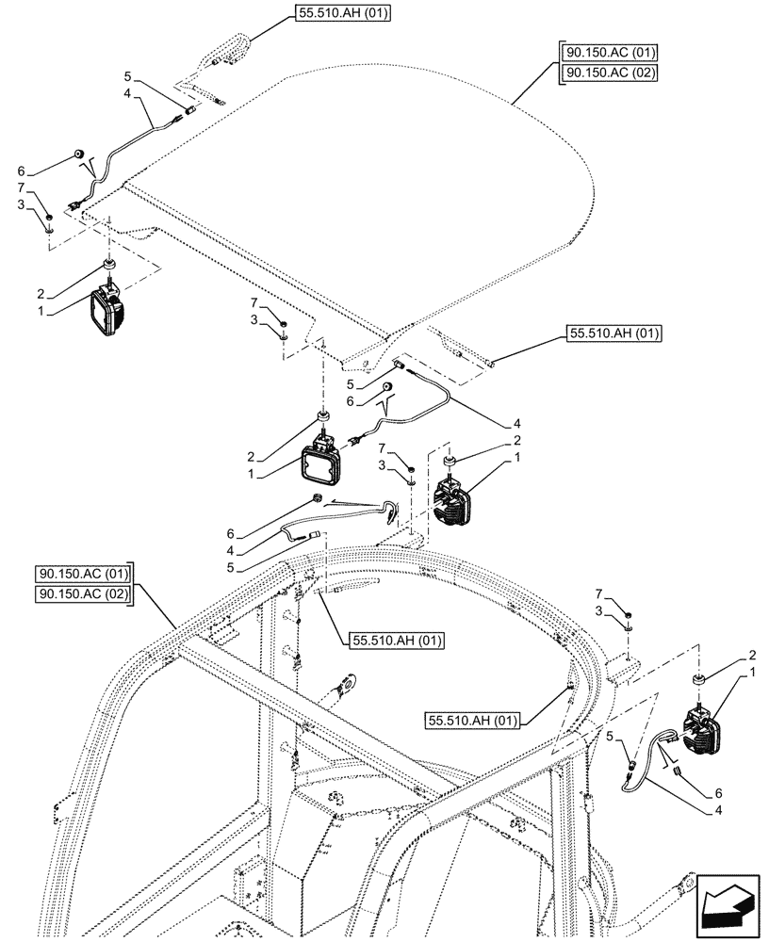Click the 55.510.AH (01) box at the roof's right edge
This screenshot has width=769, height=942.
614,333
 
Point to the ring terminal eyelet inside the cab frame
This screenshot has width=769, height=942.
351,677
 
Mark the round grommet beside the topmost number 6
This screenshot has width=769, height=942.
79,154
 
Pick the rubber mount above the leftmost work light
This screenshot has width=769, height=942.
110,264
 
